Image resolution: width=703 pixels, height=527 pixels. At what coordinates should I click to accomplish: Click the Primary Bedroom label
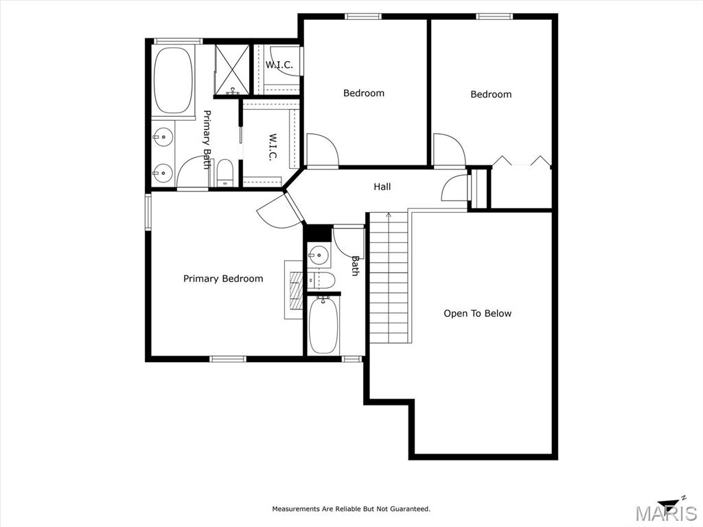pos(223,279)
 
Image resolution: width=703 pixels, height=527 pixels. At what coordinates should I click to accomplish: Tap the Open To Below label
pos(478,313)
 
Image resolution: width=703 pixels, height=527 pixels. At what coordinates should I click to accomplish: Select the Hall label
pos(382,187)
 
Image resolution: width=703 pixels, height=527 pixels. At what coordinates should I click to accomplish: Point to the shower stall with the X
pos(232,70)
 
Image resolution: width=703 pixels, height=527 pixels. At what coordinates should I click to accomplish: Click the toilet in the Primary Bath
pos(224,173)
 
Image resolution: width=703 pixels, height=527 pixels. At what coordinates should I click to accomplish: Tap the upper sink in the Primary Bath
pos(163,136)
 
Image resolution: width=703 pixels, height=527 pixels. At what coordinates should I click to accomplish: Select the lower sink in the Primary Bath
pos(163,172)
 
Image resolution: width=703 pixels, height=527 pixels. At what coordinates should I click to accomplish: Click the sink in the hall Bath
pos(319,257)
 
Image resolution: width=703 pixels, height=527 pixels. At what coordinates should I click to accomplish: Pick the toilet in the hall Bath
pos(321,281)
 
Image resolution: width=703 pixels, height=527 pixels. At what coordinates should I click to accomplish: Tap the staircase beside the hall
pos(389,277)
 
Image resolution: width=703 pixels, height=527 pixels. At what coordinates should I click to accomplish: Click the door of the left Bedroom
pos(322,150)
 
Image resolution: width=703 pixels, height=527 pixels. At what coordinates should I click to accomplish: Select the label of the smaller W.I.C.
pos(279,65)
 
